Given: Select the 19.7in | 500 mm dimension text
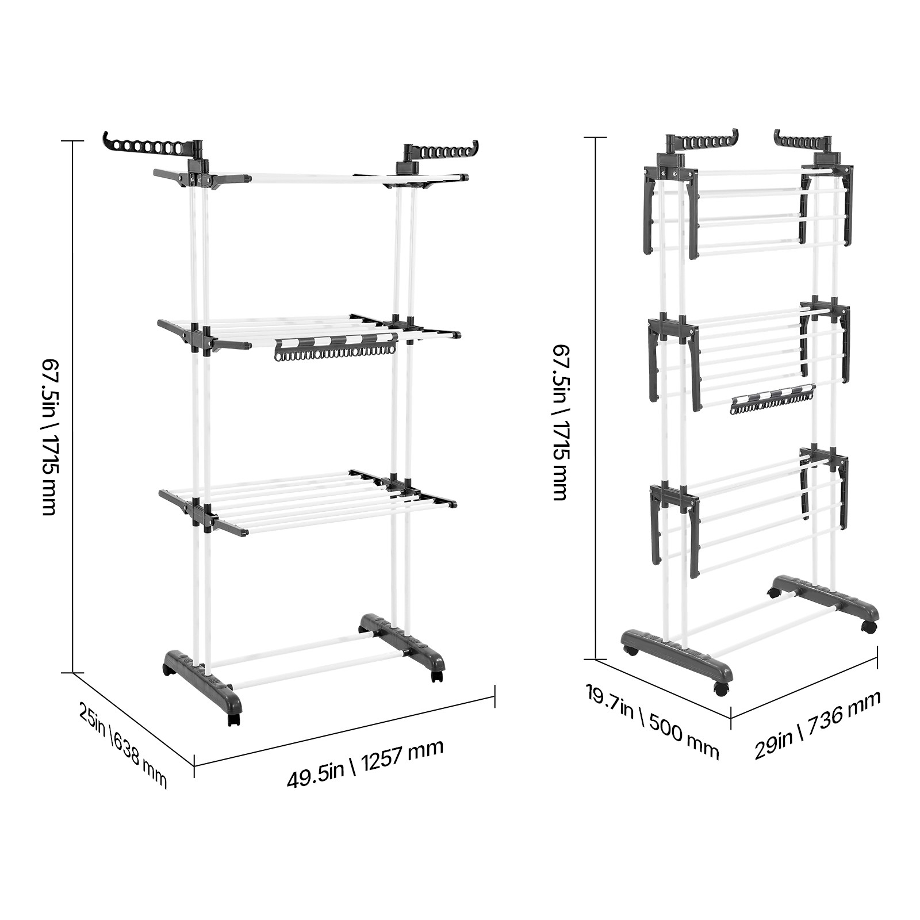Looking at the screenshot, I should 652,721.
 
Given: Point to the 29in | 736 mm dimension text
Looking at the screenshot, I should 817,725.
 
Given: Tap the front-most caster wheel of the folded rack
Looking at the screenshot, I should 721,689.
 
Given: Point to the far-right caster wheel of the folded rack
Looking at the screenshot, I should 869,627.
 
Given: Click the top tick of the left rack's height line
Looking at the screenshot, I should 72,141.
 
